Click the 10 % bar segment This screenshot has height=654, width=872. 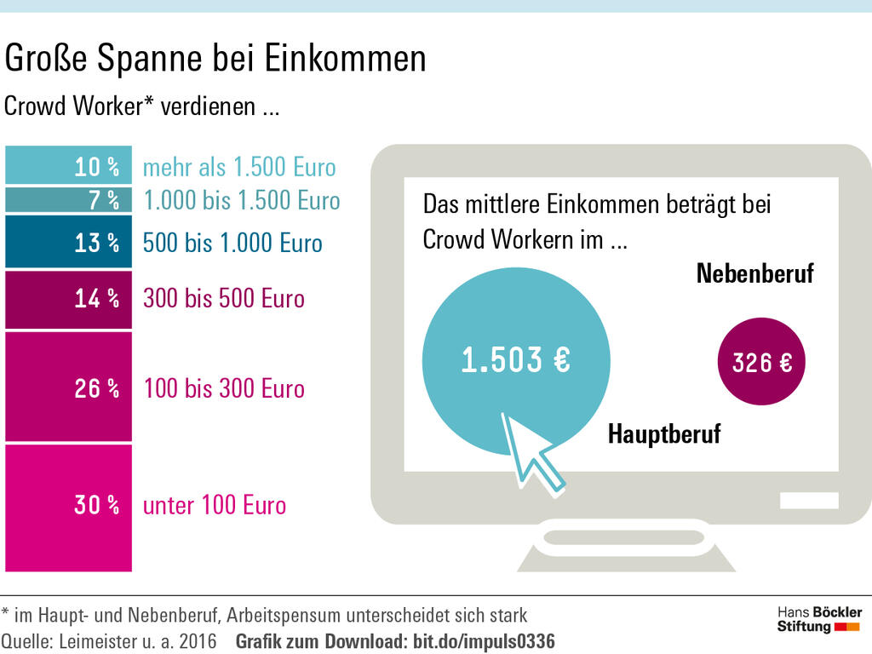[68, 165]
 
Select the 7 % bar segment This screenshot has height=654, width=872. [68, 200]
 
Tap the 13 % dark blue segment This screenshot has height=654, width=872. [68, 243]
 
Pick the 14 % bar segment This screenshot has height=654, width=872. [68, 299]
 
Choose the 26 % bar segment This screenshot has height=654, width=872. [68, 387]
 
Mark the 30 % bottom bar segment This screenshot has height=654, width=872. [68, 507]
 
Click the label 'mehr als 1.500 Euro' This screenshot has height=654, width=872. [239, 167]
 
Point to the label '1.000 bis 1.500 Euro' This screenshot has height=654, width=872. [241, 201]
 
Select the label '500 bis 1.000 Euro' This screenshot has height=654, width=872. [232, 244]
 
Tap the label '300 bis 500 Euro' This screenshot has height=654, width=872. [223, 299]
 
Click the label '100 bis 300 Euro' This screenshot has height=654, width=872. [223, 388]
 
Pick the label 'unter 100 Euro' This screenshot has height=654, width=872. [214, 506]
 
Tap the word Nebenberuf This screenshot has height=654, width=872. [754, 273]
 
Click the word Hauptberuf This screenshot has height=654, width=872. [663, 434]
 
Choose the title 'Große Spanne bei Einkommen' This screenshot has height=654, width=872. [215, 60]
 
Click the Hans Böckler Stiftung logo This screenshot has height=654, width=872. [819, 620]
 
